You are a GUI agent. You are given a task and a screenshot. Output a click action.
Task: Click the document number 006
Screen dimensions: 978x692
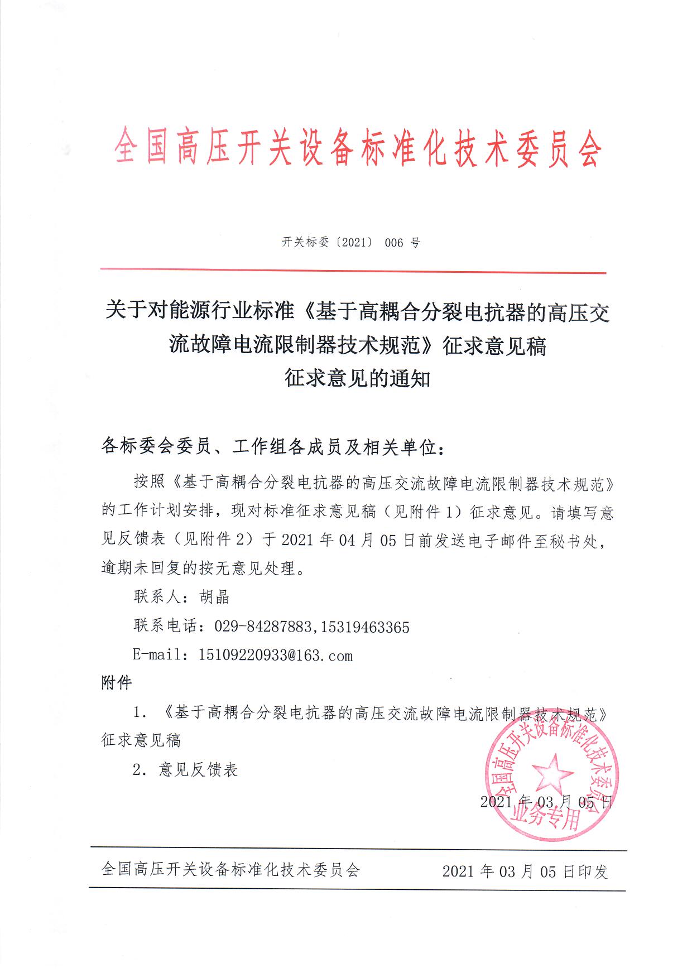coord(393,243)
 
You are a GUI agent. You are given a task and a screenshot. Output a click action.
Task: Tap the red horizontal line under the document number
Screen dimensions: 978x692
coord(353,272)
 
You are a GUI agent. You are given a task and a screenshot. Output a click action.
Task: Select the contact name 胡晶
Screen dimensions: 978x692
coord(215,597)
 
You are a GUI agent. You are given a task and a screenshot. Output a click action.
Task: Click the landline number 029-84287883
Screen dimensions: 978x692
coord(262,627)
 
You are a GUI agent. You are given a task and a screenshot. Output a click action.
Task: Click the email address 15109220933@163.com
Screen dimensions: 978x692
coord(276,655)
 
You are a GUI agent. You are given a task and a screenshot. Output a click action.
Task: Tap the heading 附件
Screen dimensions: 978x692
coord(117,683)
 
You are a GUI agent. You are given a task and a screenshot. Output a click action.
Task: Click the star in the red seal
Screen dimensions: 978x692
coord(552,773)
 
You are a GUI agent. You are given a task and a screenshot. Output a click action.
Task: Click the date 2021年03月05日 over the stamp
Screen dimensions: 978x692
coord(546,802)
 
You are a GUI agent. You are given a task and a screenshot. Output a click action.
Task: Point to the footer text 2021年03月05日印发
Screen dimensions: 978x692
coord(525,871)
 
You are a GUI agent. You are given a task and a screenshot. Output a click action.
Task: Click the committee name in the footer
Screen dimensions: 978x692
coord(231,869)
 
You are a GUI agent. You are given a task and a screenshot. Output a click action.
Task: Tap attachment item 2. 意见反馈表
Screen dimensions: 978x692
coord(186,770)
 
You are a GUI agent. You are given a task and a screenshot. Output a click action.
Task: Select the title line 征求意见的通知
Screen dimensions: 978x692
coord(357,379)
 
